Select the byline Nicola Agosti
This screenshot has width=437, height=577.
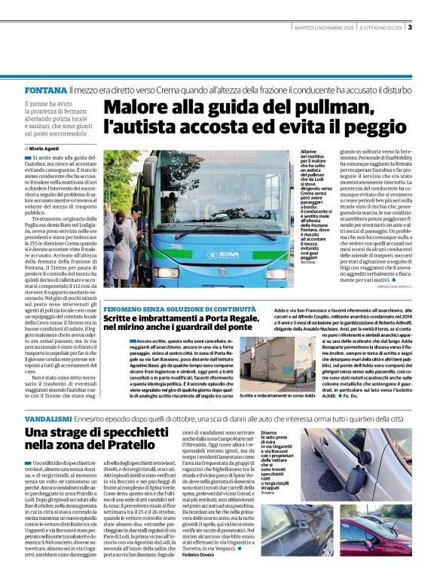(x=47, y=148)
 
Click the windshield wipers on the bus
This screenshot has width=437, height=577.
(x=218, y=234)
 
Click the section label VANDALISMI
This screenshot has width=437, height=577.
(x=49, y=417)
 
